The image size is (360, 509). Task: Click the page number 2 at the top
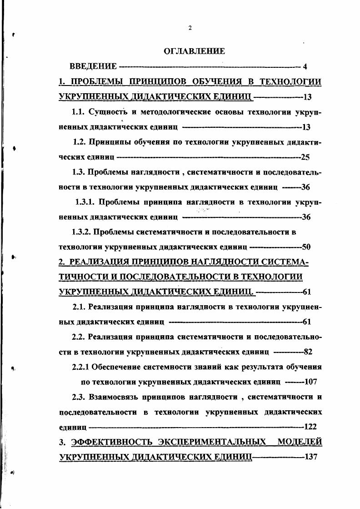pyautogui.click(x=190, y=28)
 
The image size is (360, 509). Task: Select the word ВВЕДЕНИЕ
pyautogui.click(x=93, y=67)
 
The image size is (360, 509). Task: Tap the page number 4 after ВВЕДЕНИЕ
pyautogui.click(x=305, y=67)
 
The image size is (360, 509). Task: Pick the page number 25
pyautogui.click(x=305, y=157)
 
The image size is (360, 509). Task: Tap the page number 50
pyautogui.click(x=306, y=247)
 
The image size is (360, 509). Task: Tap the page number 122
pyautogui.click(x=310, y=427)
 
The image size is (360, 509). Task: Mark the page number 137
pyautogui.click(x=310, y=457)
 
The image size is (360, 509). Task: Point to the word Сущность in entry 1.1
pyautogui.click(x=109, y=112)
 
